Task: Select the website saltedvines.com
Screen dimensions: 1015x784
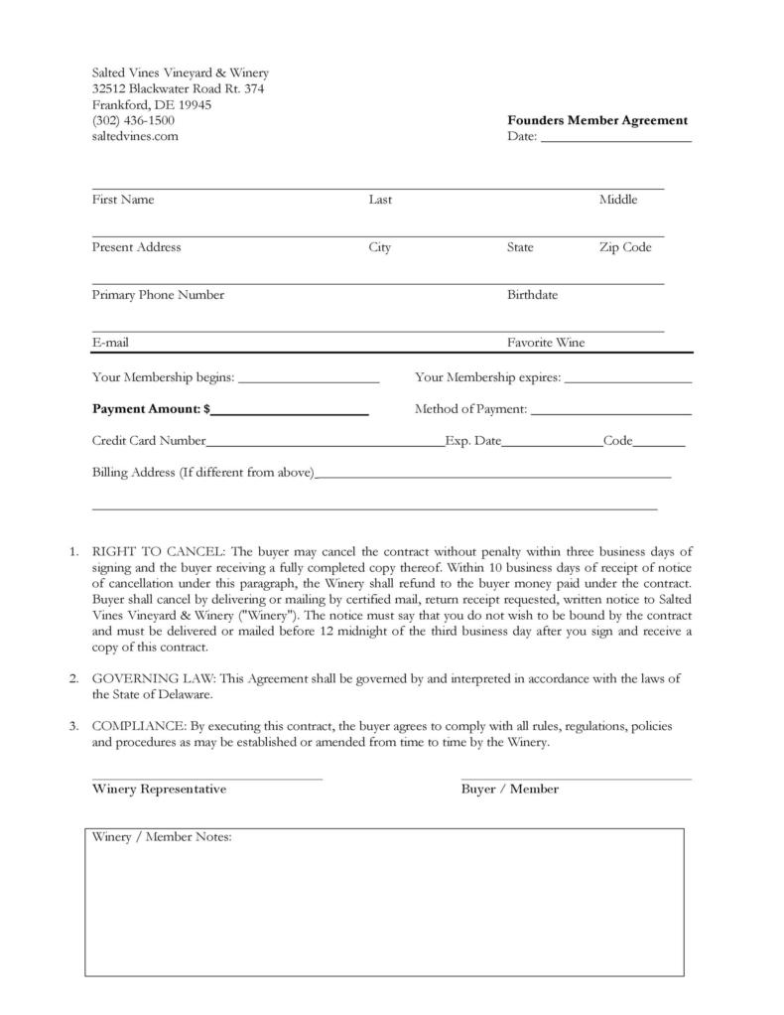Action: pyautogui.click(x=135, y=136)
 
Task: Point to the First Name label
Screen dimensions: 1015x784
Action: pyautogui.click(x=123, y=200)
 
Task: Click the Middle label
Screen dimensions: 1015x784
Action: pyautogui.click(x=617, y=200)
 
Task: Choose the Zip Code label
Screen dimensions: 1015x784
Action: pyautogui.click(x=624, y=247)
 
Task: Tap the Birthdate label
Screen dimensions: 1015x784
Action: pyautogui.click(x=532, y=295)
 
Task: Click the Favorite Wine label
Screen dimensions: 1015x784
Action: pyautogui.click(x=546, y=343)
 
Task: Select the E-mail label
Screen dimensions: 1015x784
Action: pyautogui.click(x=110, y=343)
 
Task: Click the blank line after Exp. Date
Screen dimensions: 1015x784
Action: pyautogui.click(x=552, y=444)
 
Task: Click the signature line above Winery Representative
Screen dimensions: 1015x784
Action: pyautogui.click(x=207, y=779)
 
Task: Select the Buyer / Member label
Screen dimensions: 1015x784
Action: pyautogui.click(x=509, y=790)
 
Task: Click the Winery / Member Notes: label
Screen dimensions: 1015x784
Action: pyautogui.click(x=162, y=837)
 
